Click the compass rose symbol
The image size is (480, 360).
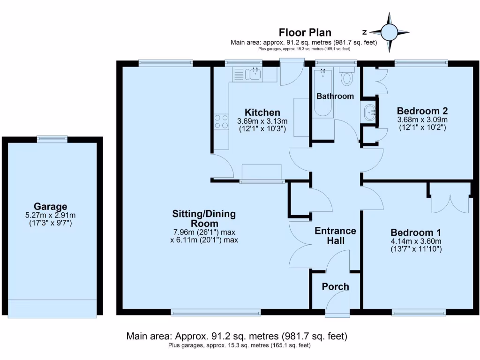coord(389,32)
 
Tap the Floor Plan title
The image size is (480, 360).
coord(305,32)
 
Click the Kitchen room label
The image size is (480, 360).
coord(262,112)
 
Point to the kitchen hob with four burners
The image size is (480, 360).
coord(221,122)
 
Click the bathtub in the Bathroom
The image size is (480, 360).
coord(323,93)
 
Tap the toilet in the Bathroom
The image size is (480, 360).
coord(347,77)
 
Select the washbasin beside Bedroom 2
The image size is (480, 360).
coord(370,112)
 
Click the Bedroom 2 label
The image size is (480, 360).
coord(422,111)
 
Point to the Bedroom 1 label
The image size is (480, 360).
coord(416,232)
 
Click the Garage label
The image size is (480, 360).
coord(50,206)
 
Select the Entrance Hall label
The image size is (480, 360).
coord(335,236)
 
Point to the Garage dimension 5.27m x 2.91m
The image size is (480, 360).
coord(50,216)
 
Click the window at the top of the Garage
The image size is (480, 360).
coord(52,138)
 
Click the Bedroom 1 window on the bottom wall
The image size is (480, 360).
coord(419,312)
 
